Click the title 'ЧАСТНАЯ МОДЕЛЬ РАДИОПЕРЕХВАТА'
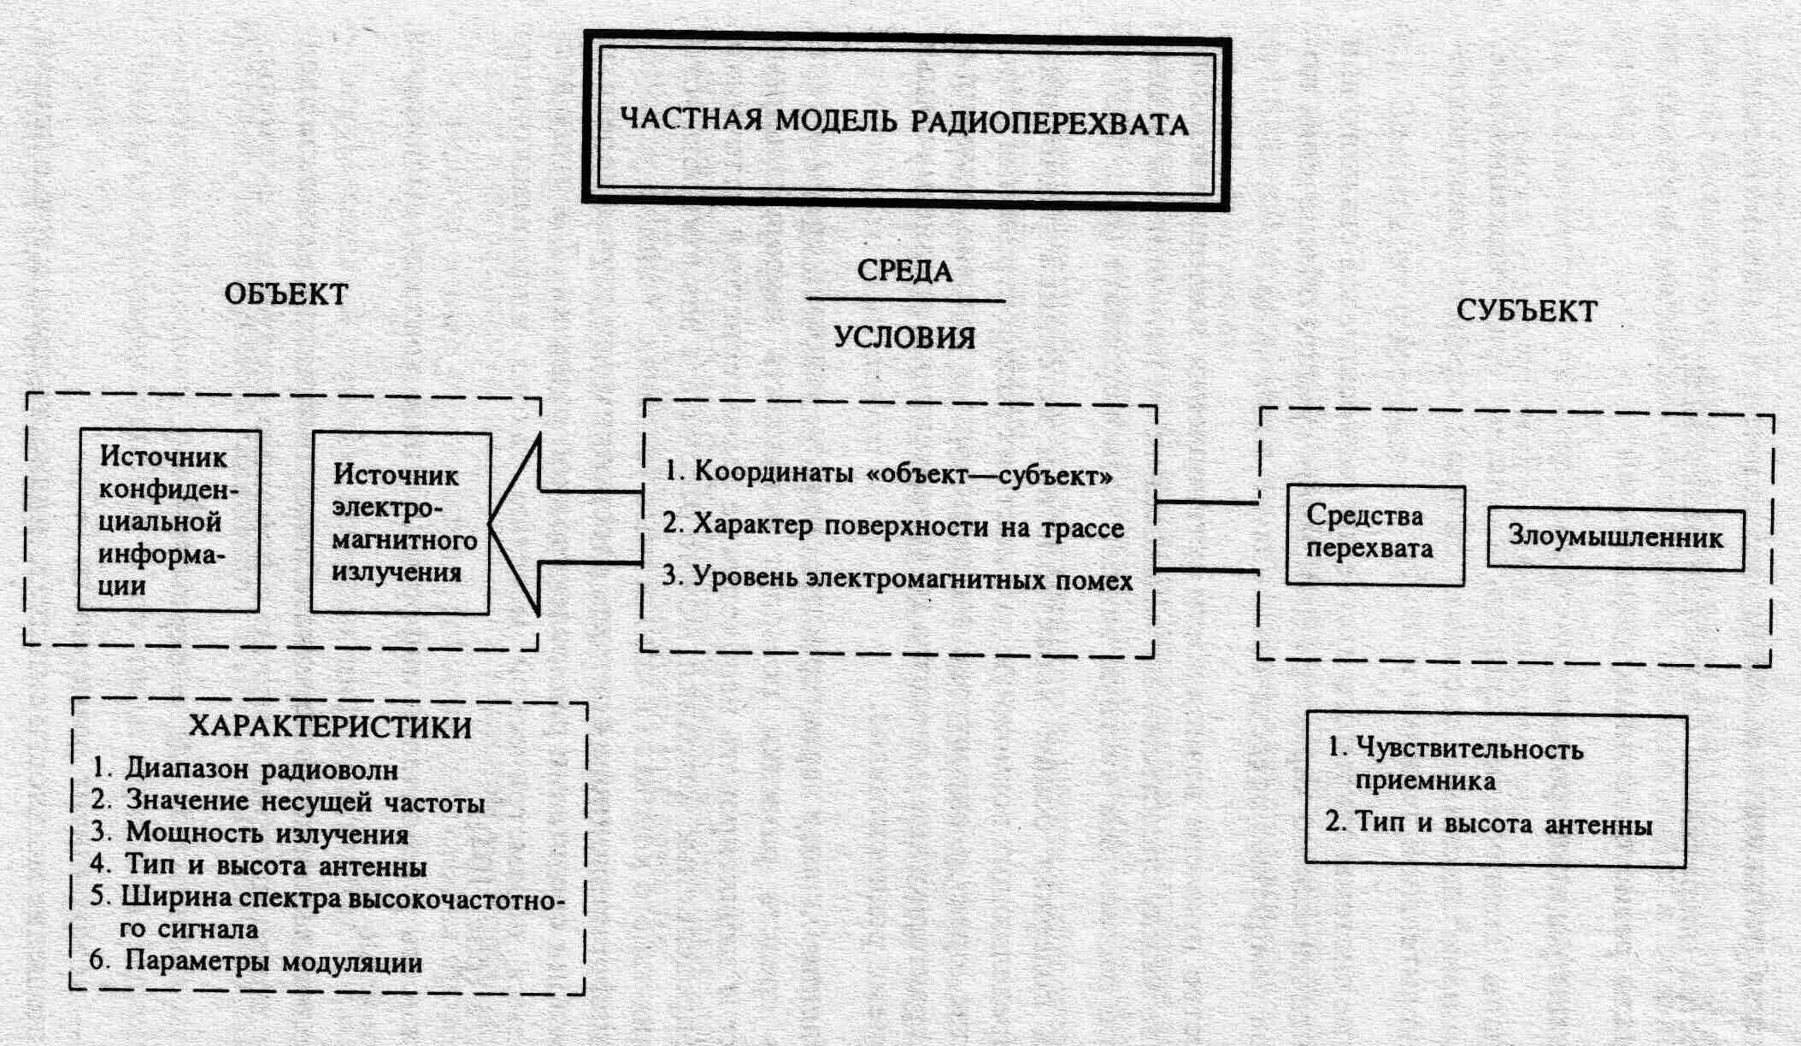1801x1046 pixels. click(x=904, y=121)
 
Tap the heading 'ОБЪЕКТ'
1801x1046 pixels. click(x=286, y=294)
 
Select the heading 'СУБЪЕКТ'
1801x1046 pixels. click(x=1527, y=310)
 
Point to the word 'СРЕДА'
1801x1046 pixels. click(x=904, y=271)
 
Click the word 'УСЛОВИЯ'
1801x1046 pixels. click(x=904, y=338)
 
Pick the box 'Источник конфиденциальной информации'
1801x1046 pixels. click(x=168, y=520)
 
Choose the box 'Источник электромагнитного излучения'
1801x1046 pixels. click(x=401, y=523)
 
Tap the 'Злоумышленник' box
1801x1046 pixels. click(x=1615, y=538)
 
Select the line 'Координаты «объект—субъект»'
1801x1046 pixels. click(x=889, y=473)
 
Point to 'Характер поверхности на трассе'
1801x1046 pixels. click(x=893, y=526)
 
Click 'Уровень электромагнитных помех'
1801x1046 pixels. click(x=898, y=579)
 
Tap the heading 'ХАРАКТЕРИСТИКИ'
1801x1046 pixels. click(x=330, y=727)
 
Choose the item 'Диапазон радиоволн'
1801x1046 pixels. click(x=262, y=769)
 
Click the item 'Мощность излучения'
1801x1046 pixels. click(x=267, y=833)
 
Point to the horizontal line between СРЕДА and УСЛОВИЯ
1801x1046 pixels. click(x=905, y=301)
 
